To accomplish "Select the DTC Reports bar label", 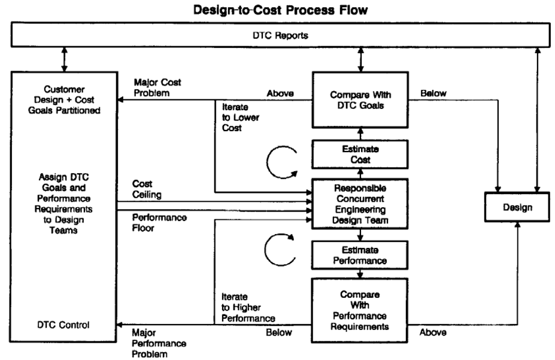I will tap(280, 35).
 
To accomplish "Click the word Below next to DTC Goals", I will tap(433, 93).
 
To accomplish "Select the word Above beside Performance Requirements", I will tap(433, 332).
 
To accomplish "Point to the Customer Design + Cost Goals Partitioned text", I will tap(64, 99).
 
